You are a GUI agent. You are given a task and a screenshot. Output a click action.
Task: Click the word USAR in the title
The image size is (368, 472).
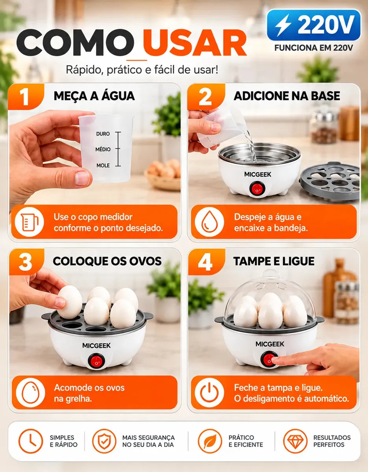tap(195, 43)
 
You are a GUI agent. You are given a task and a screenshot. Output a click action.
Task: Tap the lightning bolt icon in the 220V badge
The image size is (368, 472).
tap(283, 25)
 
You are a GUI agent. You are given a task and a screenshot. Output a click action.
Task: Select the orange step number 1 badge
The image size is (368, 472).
tap(26, 97)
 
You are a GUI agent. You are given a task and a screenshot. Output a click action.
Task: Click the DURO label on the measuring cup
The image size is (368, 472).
tap(103, 134)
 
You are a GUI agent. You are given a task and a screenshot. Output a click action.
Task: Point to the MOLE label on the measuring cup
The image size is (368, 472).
tap(103, 166)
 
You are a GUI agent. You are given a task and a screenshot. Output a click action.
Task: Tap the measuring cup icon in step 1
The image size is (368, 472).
tap(30, 222)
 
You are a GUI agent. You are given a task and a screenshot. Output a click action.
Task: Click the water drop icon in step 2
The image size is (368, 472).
tap(209, 222)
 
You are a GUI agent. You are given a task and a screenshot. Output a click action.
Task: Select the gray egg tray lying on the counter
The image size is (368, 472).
tap(330, 181)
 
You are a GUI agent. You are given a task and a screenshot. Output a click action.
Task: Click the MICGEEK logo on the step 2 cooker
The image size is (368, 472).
tap(257, 174)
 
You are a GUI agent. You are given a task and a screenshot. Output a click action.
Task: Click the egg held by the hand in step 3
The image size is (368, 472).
tap(70, 302)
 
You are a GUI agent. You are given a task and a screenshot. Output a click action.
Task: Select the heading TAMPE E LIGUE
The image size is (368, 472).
tap(274, 261)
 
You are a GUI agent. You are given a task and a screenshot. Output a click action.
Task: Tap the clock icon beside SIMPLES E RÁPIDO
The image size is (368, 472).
tap(31, 441)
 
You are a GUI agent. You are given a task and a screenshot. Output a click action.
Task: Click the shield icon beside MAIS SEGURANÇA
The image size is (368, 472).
tap(104, 441)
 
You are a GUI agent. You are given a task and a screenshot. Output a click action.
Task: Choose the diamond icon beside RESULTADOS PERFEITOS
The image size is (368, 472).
tap(295, 441)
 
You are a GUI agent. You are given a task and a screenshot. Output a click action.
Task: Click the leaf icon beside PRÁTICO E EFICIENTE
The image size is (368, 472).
tap(210, 441)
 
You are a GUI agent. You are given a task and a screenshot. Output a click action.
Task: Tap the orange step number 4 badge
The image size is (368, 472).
tap(205, 262)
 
